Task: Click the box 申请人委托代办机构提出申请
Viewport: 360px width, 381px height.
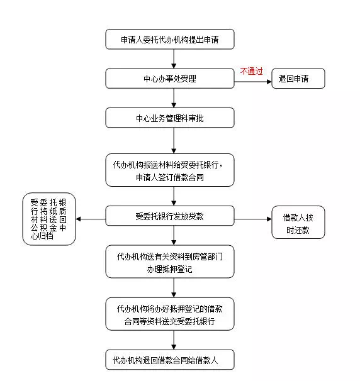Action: pos(170,39)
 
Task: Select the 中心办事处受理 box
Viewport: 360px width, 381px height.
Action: pos(170,79)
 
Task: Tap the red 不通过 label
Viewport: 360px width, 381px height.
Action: pos(251,72)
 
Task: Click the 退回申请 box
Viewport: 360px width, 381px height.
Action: pos(298,79)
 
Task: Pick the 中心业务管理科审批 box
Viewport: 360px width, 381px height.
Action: pos(170,118)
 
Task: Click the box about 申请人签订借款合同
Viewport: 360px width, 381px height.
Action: pos(170,170)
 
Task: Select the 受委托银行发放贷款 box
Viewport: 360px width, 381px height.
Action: pos(170,216)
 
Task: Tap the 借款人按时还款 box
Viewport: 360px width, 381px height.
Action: pos(298,223)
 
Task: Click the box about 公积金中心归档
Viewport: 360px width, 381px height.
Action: pos(48,220)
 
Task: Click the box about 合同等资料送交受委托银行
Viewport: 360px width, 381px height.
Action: pos(170,314)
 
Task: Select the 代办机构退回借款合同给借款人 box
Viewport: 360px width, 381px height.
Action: pos(170,360)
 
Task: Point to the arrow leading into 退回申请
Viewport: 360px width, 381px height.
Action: pos(252,79)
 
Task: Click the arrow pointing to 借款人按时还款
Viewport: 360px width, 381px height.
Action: pos(252,219)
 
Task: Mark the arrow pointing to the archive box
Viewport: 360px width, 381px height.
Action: pos(91,219)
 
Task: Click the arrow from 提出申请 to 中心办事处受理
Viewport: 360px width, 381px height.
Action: pos(170,58)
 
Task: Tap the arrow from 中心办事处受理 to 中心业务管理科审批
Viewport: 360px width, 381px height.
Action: pos(170,98)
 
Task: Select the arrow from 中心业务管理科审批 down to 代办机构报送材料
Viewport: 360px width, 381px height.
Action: pos(170,141)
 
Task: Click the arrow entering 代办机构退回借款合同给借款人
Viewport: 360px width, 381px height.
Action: pos(170,341)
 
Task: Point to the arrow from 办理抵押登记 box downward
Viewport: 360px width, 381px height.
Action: pos(170,288)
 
